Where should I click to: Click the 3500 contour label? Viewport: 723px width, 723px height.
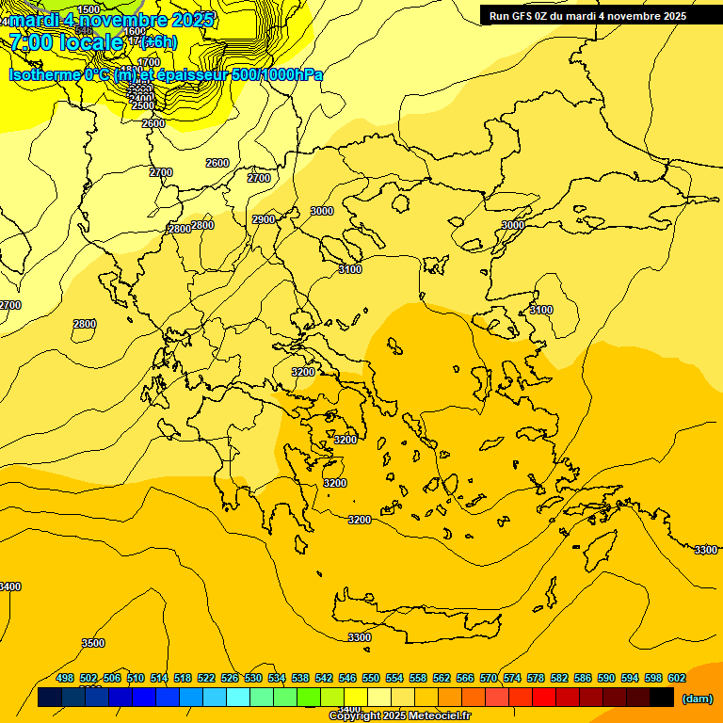tap(93, 643)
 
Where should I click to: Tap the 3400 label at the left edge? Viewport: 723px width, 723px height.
tap(9, 586)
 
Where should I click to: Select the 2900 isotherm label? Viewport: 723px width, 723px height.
tap(264, 219)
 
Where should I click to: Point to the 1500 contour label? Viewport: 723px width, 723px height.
tap(88, 9)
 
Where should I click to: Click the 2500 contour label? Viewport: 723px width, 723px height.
tap(142, 105)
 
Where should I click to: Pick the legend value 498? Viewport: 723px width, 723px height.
tap(65, 678)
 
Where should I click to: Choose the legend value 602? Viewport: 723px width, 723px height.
tap(677, 678)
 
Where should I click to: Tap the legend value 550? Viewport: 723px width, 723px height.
tap(371, 678)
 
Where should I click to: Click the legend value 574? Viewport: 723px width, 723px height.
tap(512, 678)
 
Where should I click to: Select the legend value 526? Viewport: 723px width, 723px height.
tap(230, 678)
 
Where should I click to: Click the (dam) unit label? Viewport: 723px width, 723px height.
tap(697, 698)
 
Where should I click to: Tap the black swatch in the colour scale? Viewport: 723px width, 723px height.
tap(662, 698)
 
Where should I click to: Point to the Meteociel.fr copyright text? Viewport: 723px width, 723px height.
tap(399, 716)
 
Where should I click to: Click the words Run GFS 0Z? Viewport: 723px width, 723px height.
tap(518, 16)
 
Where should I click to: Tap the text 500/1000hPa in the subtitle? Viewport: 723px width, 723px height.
tap(277, 74)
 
